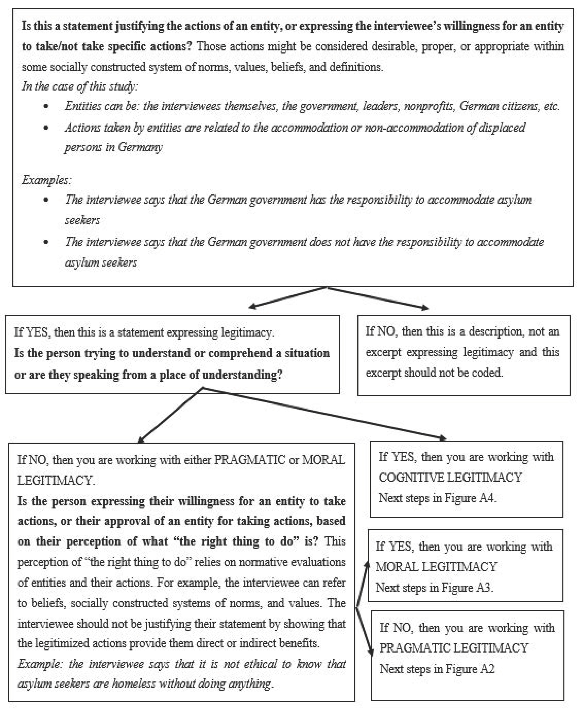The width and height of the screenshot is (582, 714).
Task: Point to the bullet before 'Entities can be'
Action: [x=46, y=107]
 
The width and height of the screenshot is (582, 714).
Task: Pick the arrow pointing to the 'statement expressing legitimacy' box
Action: [x=252, y=306]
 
